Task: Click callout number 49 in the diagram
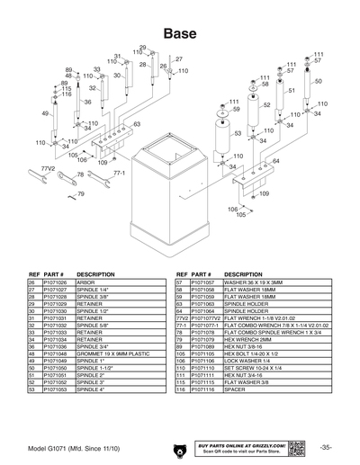click(45, 113)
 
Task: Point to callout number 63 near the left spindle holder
click(136, 123)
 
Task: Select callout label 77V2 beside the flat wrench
click(49, 168)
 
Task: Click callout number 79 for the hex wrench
click(81, 194)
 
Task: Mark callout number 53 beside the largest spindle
click(238, 133)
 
